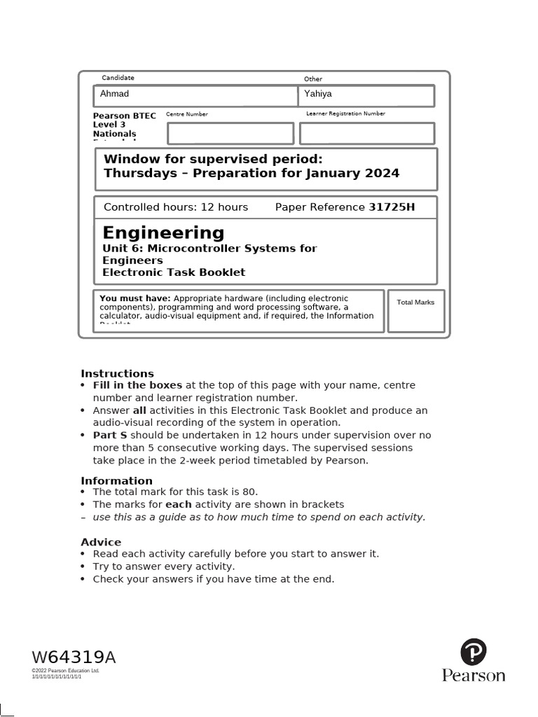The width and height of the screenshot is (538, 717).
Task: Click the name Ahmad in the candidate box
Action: [115, 94]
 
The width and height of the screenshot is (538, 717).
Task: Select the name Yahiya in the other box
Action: [318, 94]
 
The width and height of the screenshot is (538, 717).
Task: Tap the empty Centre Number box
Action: [230, 133]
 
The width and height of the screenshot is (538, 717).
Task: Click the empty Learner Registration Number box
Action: [367, 133]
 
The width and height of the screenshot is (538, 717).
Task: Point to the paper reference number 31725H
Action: [392, 207]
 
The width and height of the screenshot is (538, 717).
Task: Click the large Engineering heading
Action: [163, 232]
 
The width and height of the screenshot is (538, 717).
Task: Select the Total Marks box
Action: [415, 311]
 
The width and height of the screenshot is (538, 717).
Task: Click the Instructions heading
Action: [117, 373]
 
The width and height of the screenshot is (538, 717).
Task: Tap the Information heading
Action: [116, 480]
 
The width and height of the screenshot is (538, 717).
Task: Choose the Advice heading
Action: [101, 542]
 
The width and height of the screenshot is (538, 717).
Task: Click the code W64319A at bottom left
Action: [74, 657]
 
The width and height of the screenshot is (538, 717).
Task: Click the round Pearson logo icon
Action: [474, 652]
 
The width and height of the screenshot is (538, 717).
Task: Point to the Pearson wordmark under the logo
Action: [474, 676]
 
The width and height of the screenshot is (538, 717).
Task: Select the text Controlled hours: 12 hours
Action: [176, 207]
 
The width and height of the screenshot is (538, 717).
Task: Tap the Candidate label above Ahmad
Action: [118, 78]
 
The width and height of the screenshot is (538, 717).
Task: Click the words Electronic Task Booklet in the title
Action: [174, 272]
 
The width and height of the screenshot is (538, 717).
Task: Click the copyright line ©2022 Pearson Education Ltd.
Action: [66, 671]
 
